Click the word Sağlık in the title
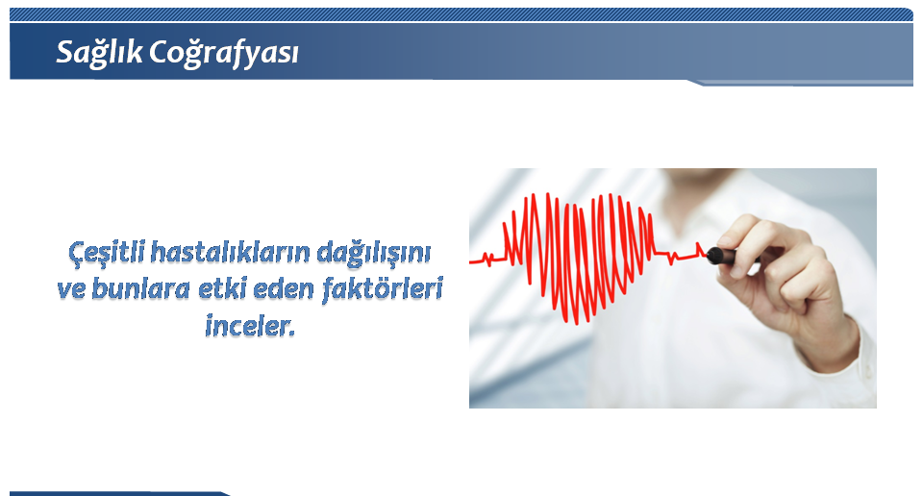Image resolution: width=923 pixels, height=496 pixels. point(99,53)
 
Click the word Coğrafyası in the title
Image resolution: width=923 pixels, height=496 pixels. point(224,54)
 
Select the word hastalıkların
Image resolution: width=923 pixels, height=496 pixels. point(230,252)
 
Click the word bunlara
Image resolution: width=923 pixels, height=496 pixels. point(141,289)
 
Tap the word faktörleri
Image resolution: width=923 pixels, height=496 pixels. point(383,289)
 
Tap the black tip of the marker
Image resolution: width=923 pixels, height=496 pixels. point(714,256)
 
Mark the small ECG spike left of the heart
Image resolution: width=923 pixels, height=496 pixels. point(487,259)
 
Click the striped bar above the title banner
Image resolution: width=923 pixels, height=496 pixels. point(461,14)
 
